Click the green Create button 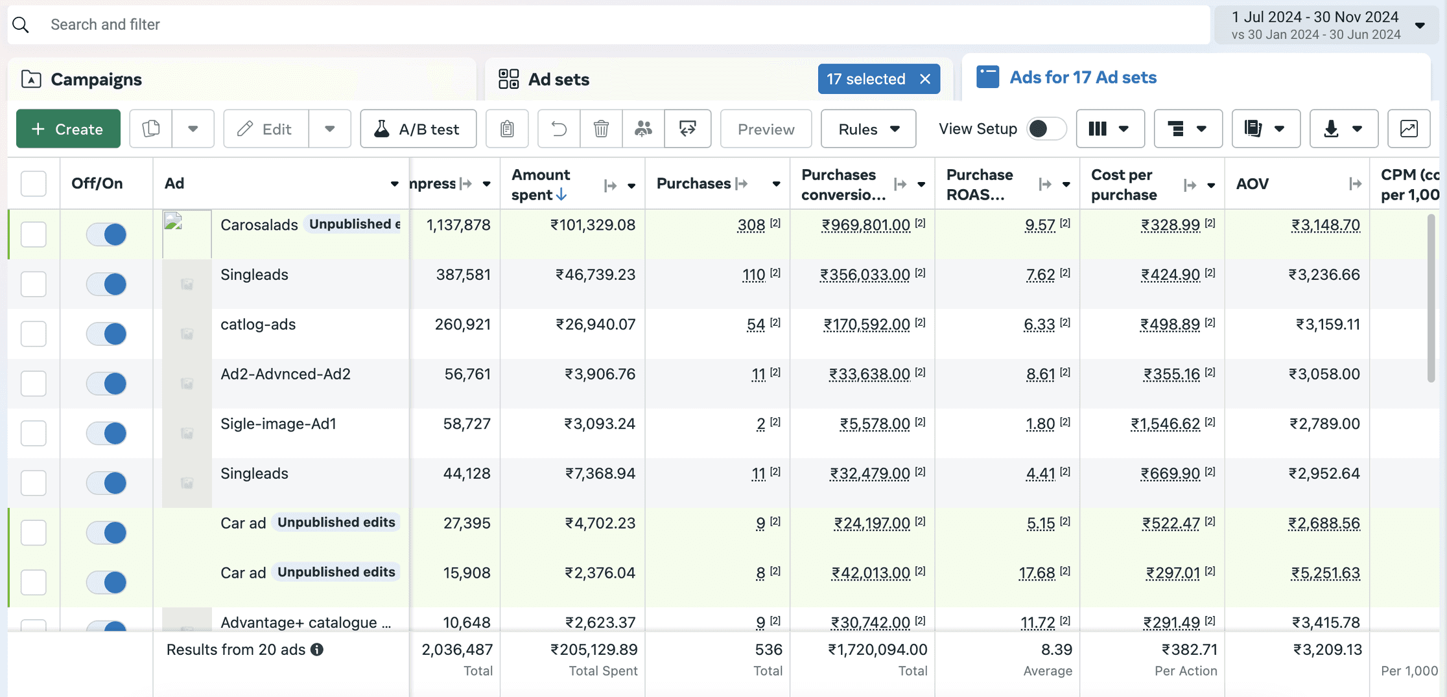pos(68,129)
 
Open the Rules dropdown pos(868,129)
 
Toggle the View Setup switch pos(1046,129)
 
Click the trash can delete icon pos(601,129)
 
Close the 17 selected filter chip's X pos(925,79)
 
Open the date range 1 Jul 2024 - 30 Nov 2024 pos(1326,25)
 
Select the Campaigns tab pos(96,79)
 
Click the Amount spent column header pos(541,185)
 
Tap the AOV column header pos(1252,184)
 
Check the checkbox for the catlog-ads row pos(34,334)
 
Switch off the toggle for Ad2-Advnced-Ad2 pos(106,383)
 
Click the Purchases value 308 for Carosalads pos(751,225)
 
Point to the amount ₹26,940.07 pos(595,325)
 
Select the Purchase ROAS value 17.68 pos(1037,573)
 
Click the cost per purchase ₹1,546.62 pos(1165,424)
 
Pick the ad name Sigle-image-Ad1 pos(278,424)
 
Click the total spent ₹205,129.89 pos(594,650)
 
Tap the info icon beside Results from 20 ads pos(317,650)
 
